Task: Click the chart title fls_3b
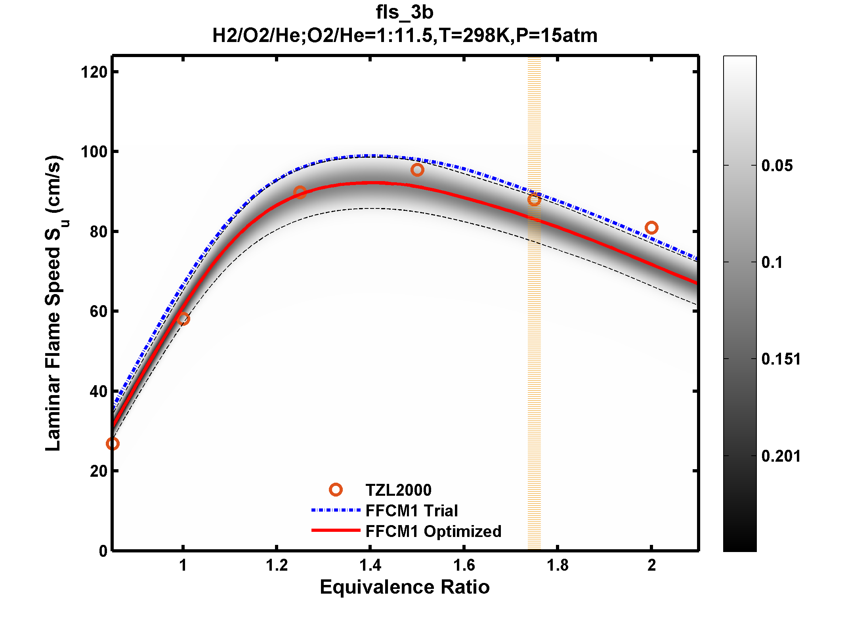405,12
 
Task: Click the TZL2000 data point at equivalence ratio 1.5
417,170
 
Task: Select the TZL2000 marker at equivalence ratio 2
651,228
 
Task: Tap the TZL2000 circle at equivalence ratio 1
183,319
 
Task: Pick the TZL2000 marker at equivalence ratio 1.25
300,193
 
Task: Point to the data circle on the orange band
534,199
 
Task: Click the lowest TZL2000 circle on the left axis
113,444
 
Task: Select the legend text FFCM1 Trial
411,511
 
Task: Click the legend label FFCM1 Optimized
433,531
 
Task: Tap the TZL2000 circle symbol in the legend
336,490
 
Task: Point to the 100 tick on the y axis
94,152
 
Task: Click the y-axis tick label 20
98,471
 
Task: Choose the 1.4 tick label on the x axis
370,566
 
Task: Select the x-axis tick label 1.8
558,566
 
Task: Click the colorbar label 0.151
781,359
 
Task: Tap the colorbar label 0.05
777,166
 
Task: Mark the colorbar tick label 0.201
781,456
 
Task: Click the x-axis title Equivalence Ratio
405,587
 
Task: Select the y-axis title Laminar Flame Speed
53,303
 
